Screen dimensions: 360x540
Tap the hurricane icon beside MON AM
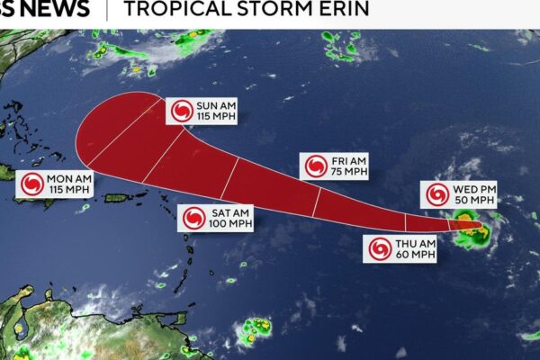click(31, 184)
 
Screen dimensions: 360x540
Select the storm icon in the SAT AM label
click(194, 218)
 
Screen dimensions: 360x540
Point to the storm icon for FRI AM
click(316, 166)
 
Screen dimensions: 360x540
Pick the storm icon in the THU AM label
click(380, 249)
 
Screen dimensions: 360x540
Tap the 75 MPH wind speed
click(350, 172)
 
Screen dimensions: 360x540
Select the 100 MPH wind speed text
click(231, 224)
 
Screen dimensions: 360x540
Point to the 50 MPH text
click(475, 201)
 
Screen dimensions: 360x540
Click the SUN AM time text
click(216, 104)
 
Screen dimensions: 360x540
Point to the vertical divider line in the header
click(107, 9)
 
